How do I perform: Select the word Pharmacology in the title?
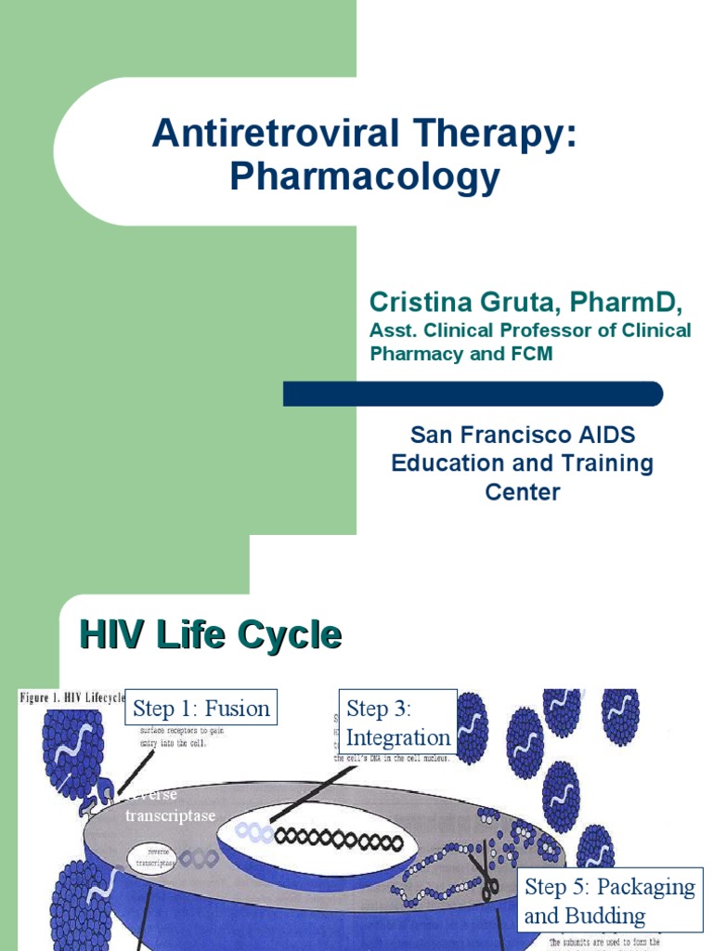(x=364, y=176)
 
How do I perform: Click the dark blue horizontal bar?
(x=473, y=394)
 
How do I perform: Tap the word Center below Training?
(x=523, y=491)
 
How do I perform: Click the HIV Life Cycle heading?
(x=211, y=636)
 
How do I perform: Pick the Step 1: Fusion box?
(x=201, y=709)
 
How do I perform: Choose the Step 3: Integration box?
(x=397, y=723)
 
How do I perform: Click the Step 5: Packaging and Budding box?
(x=609, y=901)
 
